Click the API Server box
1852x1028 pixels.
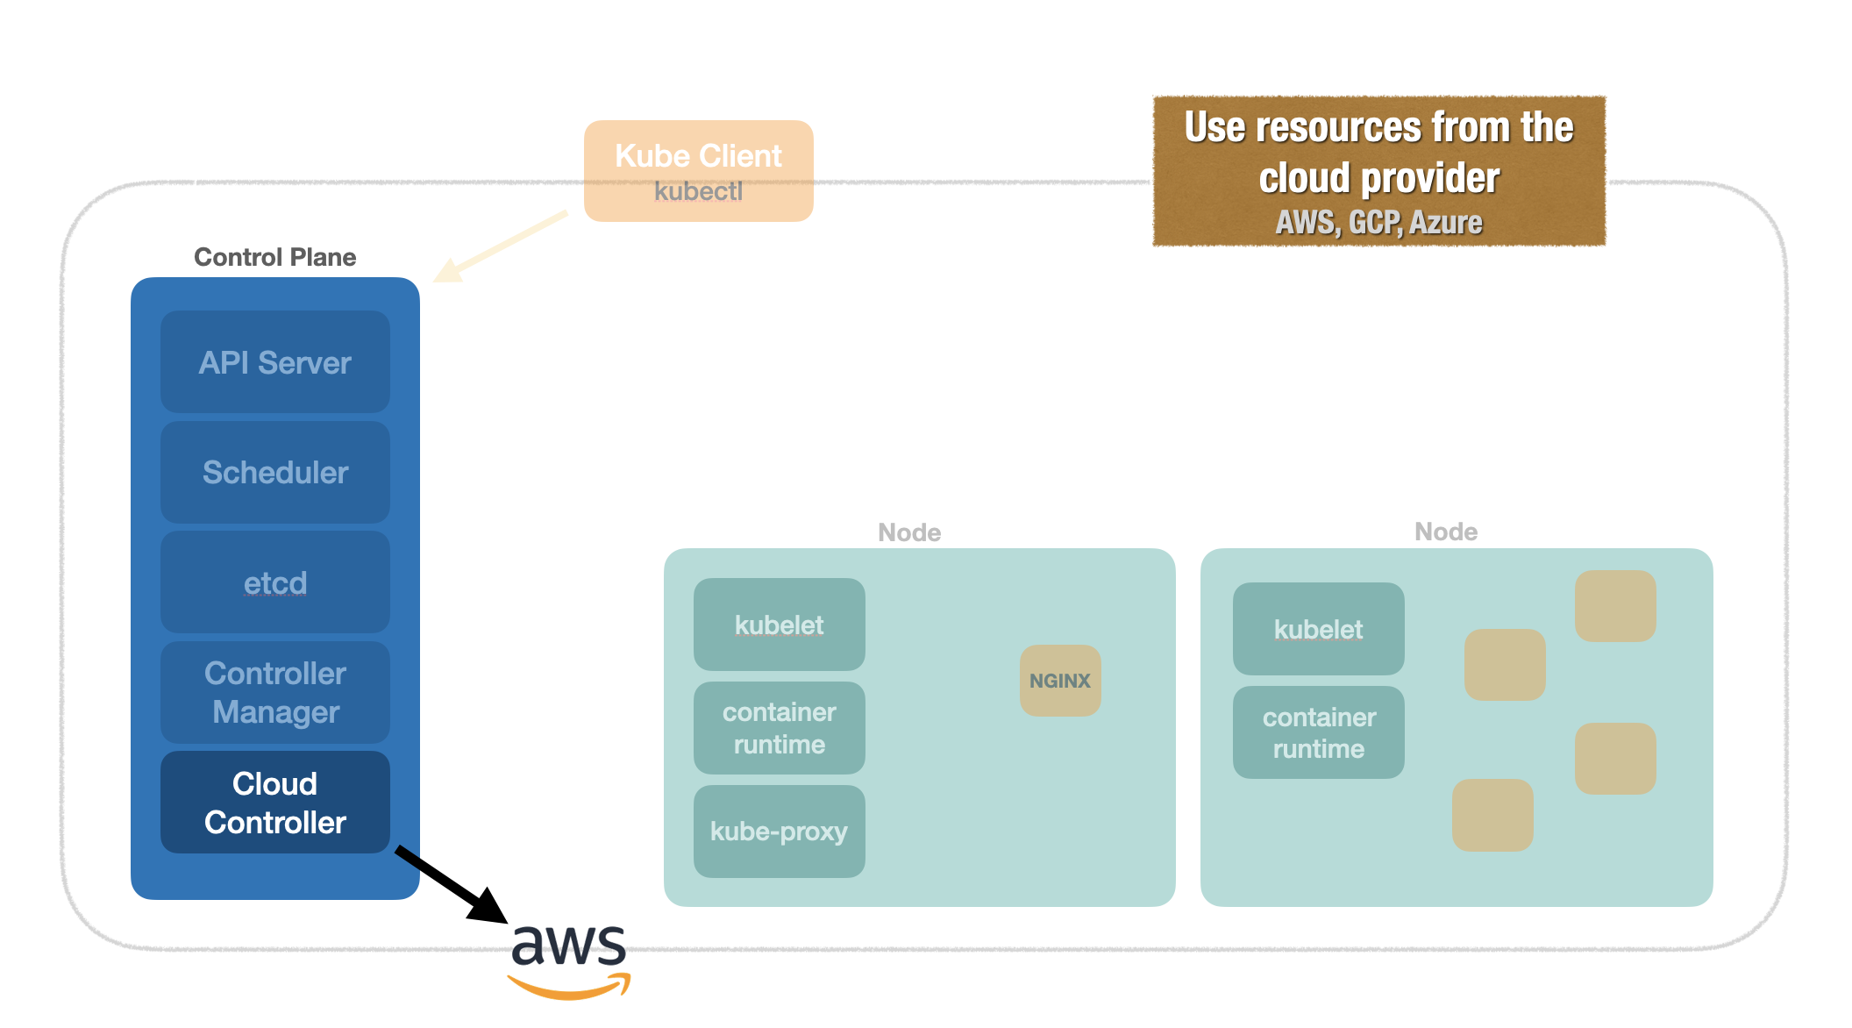(274, 362)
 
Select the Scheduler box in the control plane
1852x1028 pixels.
(274, 473)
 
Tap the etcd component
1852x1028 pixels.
(274, 582)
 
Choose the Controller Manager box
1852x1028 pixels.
(274, 692)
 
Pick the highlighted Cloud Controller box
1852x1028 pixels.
(274, 803)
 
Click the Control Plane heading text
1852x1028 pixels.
(274, 257)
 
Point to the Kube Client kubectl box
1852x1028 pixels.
(698, 171)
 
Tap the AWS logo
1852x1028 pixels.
(569, 960)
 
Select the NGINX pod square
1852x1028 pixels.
(1060, 681)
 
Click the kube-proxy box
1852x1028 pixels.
(779, 832)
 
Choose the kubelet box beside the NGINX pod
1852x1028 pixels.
(779, 625)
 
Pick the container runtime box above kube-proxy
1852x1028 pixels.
(779, 728)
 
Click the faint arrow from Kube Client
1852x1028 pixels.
(501, 246)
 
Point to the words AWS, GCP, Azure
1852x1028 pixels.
(1378, 223)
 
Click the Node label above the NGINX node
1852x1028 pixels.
(909, 532)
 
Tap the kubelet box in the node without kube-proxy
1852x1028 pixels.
(1318, 629)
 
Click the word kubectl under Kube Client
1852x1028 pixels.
(698, 191)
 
